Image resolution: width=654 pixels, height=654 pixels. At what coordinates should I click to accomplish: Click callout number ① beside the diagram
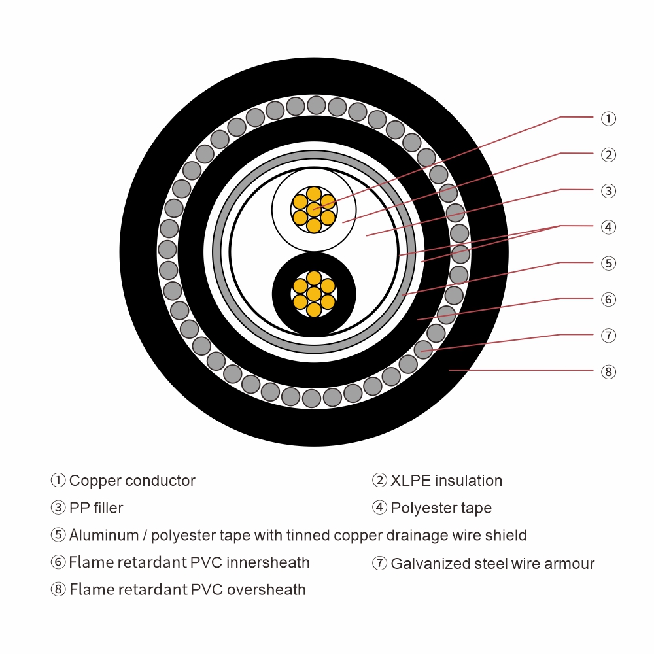tap(608, 118)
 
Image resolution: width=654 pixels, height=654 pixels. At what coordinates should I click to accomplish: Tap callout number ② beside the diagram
tap(608, 155)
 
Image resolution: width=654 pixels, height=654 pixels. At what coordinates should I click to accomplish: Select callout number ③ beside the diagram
tap(608, 191)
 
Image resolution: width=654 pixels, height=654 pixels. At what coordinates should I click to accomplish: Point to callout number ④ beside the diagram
tap(608, 227)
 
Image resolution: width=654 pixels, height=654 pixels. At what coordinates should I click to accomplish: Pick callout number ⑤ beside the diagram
tap(608, 264)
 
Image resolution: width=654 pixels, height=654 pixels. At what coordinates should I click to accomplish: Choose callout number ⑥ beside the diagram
tap(608, 300)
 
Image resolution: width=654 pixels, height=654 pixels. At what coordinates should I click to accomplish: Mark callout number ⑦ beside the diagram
tap(608, 336)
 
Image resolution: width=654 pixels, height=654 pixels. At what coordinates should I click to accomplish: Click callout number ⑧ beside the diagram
tap(608, 372)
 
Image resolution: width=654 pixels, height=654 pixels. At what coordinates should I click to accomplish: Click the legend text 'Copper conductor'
tap(132, 481)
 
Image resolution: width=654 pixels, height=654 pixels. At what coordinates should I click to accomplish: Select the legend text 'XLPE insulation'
tap(446, 481)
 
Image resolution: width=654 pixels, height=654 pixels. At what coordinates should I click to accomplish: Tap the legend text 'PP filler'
tap(96, 508)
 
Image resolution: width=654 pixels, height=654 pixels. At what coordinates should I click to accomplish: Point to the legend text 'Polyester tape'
tap(441, 508)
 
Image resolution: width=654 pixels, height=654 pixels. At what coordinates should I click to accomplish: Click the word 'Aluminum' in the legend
tap(107, 536)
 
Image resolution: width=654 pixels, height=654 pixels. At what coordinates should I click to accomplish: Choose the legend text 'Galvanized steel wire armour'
tap(492, 564)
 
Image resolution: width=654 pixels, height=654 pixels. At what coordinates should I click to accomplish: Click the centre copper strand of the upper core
tap(314, 209)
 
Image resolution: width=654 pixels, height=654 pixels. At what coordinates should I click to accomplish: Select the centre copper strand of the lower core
tap(314, 294)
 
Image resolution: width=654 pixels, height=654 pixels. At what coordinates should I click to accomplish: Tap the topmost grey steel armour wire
tap(317, 105)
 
